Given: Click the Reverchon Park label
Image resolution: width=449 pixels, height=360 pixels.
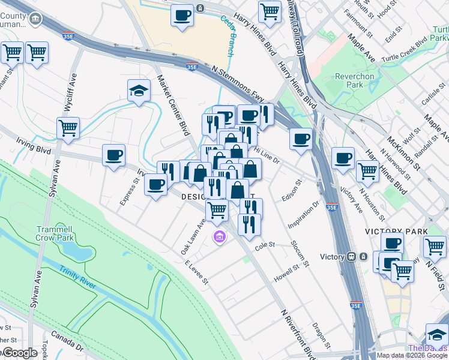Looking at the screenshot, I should pyautogui.click(x=354, y=80).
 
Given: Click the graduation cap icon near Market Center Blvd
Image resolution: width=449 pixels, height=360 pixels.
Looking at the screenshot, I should pyautogui.click(x=139, y=91).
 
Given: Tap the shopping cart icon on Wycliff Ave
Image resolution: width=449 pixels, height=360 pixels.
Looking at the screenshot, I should pyautogui.click(x=68, y=128).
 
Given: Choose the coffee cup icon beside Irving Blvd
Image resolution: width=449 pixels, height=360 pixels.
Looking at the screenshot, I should pyautogui.click(x=113, y=156).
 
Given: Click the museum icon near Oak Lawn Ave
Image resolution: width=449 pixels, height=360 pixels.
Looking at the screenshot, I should pyautogui.click(x=220, y=238).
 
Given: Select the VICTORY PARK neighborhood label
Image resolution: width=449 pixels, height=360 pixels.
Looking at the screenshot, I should pyautogui.click(x=396, y=231).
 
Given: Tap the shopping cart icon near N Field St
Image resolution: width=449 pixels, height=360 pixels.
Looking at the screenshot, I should pyautogui.click(x=435, y=246).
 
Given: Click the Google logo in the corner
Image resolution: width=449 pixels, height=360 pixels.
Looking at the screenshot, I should pyautogui.click(x=20, y=353).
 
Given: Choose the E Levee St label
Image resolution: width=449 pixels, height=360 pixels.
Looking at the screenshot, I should pyautogui.click(x=196, y=272).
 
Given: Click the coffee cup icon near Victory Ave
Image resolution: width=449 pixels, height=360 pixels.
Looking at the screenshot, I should pyautogui.click(x=343, y=158).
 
